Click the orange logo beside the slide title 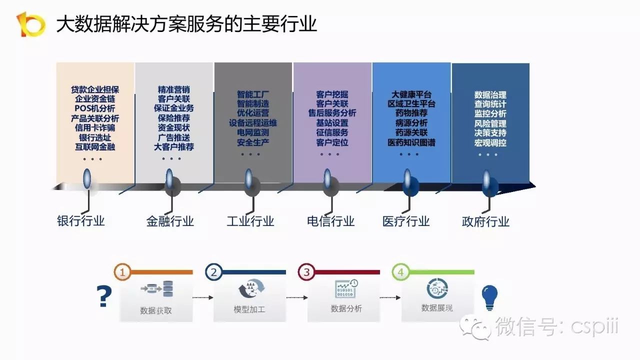30,24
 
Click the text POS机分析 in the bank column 95,108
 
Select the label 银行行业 81,221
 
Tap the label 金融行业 170,221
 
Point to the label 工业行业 250,221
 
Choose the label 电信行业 330,221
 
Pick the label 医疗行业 406,221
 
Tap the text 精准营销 173,90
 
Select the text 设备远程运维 253,123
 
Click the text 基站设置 332,123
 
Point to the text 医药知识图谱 411,143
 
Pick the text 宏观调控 490,143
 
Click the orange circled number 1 122,272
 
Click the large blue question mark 104,297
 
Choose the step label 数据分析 346,309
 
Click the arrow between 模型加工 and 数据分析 296,297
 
